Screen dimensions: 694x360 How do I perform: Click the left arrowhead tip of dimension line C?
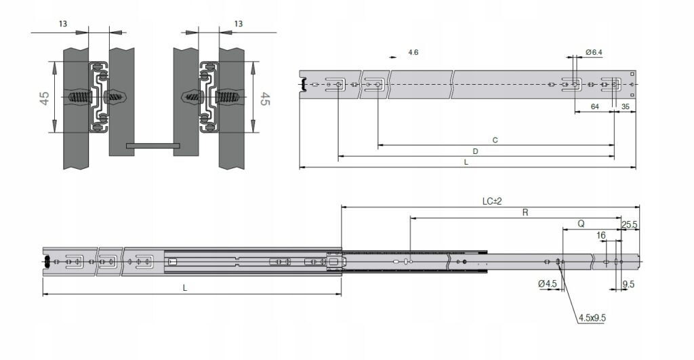[378, 145]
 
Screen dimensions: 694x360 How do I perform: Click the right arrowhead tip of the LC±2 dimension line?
[640, 207]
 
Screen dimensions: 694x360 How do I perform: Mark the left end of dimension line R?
[411, 218]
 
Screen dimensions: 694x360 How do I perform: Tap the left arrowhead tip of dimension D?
[338, 156]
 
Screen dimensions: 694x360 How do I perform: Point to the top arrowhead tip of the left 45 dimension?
[54, 61]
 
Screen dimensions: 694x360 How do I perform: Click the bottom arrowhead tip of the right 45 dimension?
[253, 132]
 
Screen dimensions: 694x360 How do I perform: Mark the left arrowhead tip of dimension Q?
[563, 229]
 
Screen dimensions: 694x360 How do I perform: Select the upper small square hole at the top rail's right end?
[632, 74]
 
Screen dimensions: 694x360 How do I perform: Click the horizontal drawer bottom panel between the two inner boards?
[152, 146]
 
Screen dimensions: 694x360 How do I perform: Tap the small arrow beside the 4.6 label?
[393, 57]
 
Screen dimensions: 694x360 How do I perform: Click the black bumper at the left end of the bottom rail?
[45, 261]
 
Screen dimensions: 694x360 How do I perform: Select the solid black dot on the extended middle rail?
[464, 262]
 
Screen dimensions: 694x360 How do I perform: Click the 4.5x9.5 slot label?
[592, 318]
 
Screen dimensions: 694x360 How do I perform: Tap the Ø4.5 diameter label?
[548, 284]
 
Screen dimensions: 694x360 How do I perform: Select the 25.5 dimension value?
[630, 225]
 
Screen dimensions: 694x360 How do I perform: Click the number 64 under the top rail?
[595, 106]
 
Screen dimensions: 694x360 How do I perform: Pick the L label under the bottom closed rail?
[185, 288]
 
